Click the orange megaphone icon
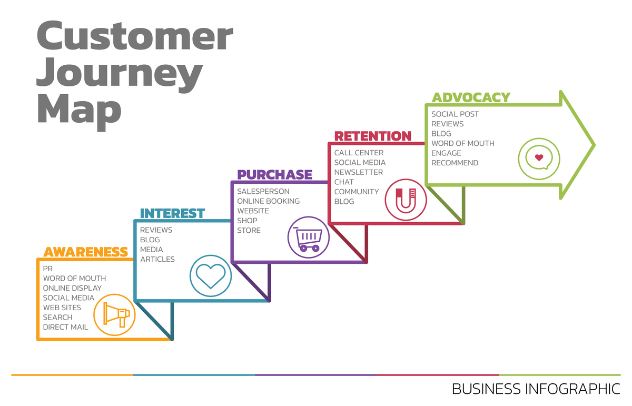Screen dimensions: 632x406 115,315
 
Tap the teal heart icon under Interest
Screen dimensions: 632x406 211,276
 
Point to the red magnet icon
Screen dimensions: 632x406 406,200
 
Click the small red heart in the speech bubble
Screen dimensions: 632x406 539,157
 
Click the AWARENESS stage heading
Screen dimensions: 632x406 86,252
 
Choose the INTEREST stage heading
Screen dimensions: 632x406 172,213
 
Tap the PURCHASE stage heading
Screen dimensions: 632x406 275,175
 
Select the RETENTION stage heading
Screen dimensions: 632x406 373,136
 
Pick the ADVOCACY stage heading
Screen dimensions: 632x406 471,97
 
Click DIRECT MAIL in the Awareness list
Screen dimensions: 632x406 65,327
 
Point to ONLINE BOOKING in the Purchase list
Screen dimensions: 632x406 268,201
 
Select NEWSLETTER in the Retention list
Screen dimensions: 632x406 359,172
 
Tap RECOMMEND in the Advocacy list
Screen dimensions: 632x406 455,163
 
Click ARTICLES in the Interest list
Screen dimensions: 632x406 157,259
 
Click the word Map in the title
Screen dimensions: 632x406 80,111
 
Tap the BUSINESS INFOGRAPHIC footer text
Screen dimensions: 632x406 536,389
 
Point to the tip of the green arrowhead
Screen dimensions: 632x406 595,145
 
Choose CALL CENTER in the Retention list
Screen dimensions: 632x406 359,153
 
